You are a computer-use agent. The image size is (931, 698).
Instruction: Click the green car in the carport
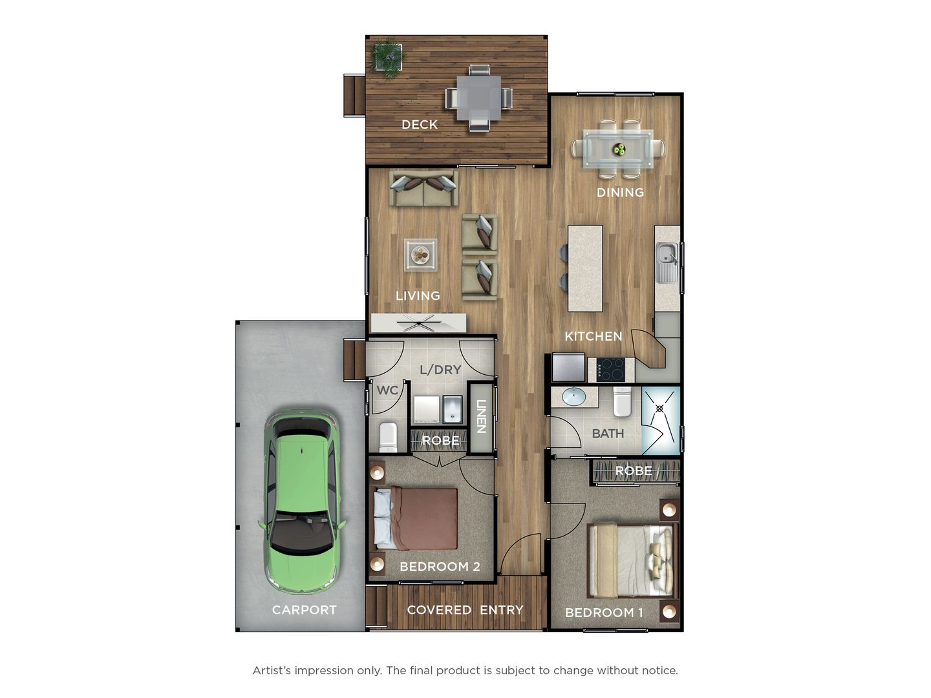point(301,502)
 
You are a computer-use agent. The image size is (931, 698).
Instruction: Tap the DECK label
point(420,125)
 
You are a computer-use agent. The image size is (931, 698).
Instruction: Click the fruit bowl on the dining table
point(619,149)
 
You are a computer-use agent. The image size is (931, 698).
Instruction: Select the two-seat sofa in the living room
point(423,188)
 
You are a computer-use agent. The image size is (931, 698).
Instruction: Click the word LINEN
point(481,417)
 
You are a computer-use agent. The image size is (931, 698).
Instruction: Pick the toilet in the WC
point(388,437)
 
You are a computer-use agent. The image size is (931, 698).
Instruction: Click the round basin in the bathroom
point(574,397)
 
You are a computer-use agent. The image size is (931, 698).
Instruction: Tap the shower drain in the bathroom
point(659,408)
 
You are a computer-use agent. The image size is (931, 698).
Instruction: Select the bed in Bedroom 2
point(416,519)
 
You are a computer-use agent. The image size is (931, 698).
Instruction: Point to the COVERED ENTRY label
point(465,610)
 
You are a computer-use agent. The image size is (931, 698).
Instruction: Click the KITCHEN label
point(594,337)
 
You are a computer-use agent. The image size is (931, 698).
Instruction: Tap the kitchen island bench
point(585,268)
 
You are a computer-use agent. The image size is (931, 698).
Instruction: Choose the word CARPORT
point(304,610)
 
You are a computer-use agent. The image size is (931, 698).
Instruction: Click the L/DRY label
point(440,370)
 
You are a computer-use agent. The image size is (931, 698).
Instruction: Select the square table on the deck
point(479,98)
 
